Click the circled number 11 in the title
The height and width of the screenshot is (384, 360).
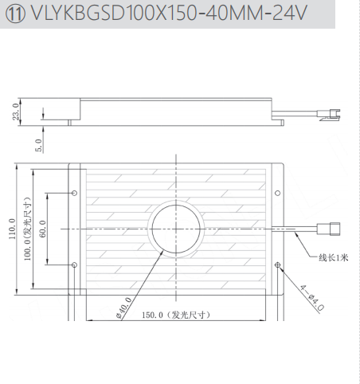coord(15,14)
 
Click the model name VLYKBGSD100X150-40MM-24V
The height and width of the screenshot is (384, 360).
coord(169,13)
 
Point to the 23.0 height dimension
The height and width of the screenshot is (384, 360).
coord(16,112)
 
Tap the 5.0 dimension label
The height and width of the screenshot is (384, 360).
coord(38,145)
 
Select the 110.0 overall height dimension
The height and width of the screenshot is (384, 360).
coord(12,229)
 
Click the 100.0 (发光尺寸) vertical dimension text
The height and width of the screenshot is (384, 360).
coord(27,229)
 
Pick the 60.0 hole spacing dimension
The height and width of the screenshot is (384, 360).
coord(42,229)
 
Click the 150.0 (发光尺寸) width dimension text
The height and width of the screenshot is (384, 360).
coord(176,315)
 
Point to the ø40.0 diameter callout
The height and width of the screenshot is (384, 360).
coord(124,308)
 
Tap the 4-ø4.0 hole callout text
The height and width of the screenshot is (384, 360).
coord(312,298)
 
